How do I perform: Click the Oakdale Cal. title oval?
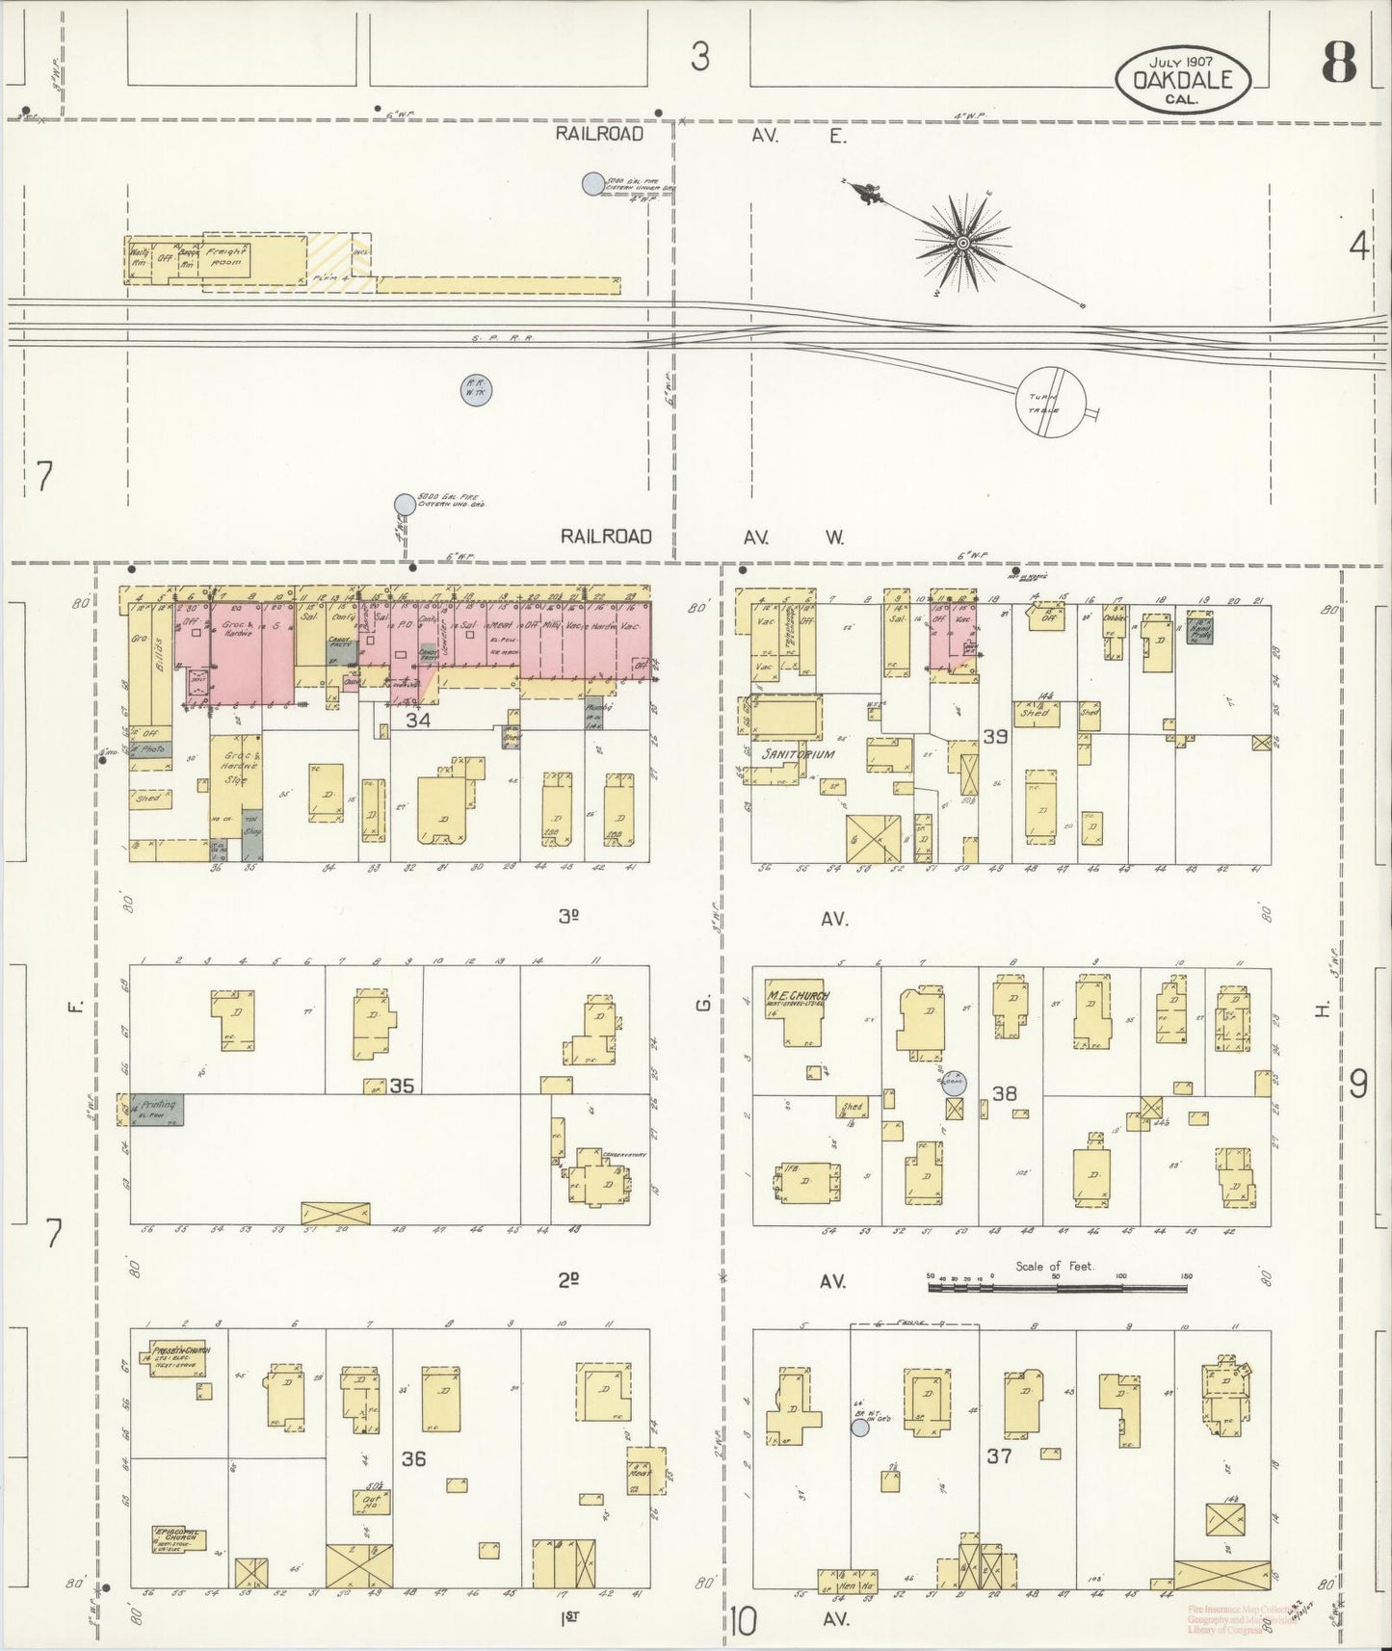click(x=1184, y=75)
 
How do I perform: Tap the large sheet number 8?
click(x=1338, y=64)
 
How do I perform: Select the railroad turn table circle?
click(x=1051, y=403)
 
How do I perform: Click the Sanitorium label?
click(x=799, y=754)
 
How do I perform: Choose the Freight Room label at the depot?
click(x=227, y=256)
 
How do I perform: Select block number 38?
click(x=1005, y=1093)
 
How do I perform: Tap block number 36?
click(x=414, y=1458)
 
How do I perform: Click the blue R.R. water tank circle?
click(x=474, y=391)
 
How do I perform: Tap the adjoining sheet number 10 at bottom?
click(x=742, y=1621)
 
